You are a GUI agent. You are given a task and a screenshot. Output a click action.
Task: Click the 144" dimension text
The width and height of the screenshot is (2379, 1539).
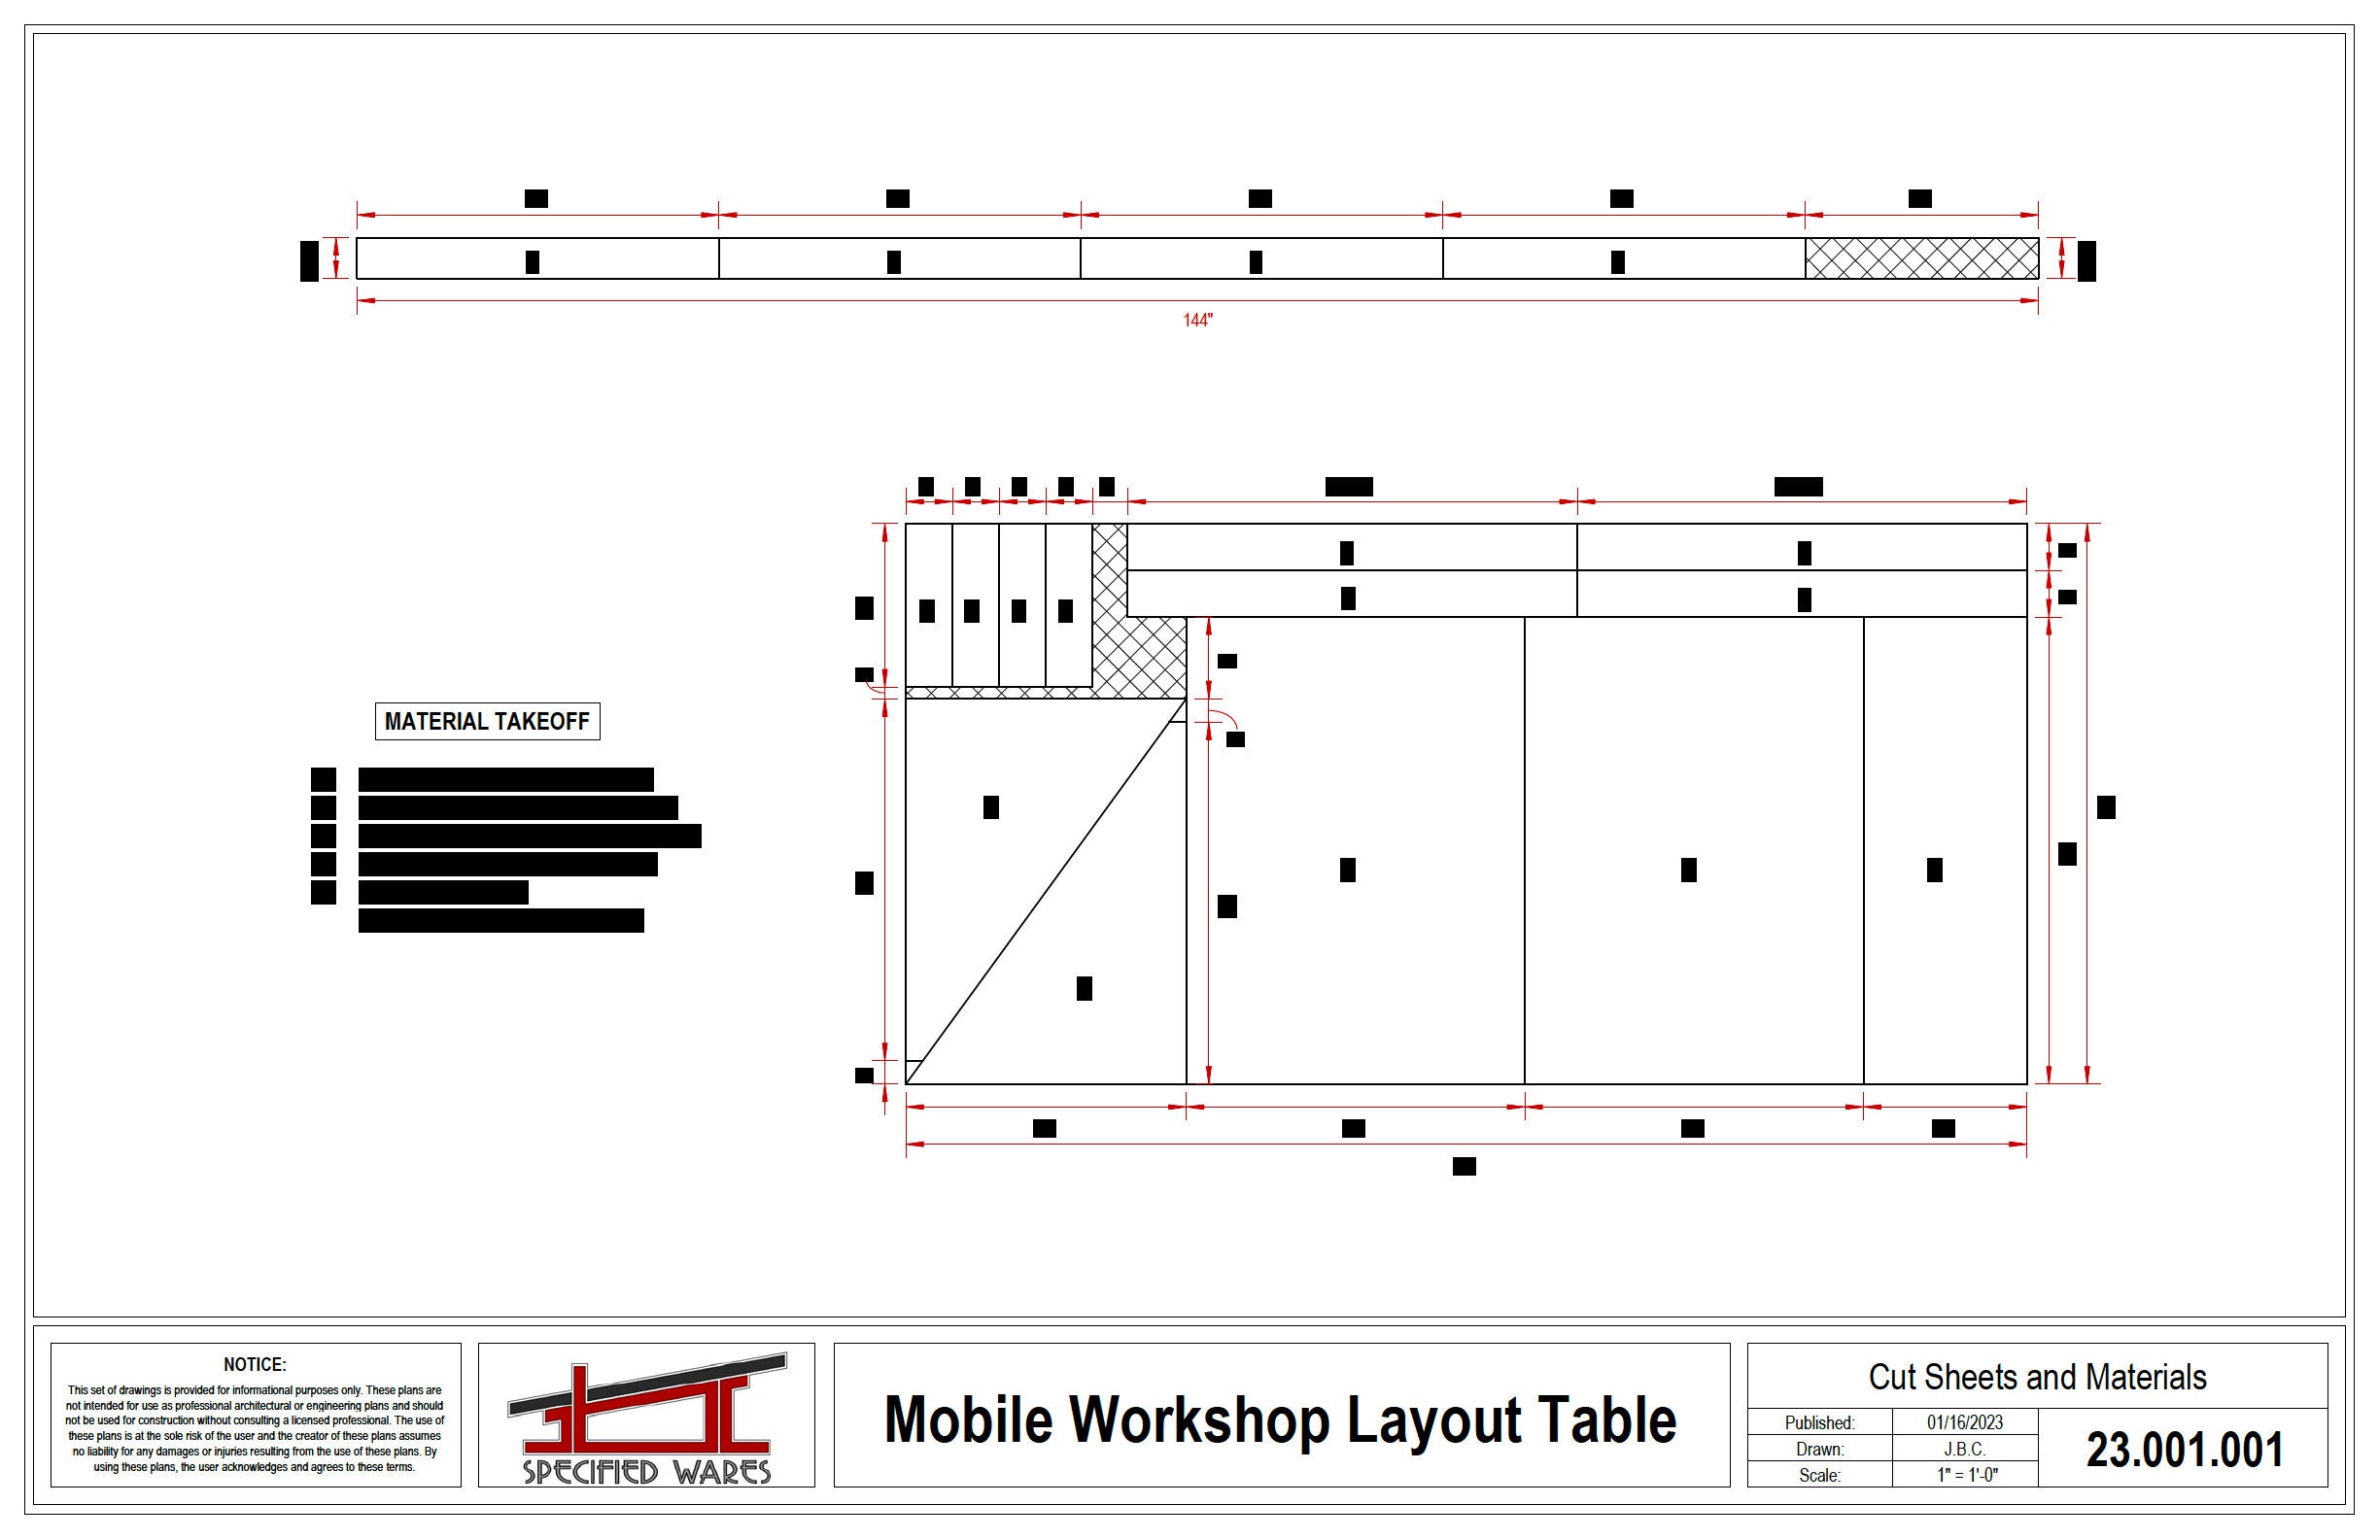(1197, 321)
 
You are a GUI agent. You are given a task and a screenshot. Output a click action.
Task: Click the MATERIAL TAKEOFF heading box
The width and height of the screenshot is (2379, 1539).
(487, 722)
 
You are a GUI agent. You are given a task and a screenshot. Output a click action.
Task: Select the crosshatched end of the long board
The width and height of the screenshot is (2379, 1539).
(1921, 258)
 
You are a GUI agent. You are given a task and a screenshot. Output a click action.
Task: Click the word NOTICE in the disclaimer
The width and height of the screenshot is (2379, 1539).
(255, 1365)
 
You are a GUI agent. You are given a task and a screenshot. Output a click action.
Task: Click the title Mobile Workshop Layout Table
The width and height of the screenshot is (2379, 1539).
(1281, 1420)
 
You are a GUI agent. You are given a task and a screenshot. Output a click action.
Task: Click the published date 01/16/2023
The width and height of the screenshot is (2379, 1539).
(1964, 1422)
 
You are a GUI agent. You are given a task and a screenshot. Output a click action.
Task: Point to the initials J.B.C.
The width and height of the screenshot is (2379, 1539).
(1964, 1449)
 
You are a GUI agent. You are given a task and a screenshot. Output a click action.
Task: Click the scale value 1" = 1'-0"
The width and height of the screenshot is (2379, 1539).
(1964, 1475)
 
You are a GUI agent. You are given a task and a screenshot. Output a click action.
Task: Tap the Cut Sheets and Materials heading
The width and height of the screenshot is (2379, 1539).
(2037, 1377)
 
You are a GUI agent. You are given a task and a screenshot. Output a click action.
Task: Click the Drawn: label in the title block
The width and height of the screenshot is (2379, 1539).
(1819, 1449)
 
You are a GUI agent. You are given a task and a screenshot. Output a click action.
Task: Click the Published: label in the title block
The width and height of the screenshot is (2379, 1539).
(1819, 1422)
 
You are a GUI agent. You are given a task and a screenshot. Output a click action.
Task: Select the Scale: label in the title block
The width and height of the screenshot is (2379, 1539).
(1819, 1475)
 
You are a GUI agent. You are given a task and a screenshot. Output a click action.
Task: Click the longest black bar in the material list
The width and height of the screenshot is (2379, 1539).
(530, 837)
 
